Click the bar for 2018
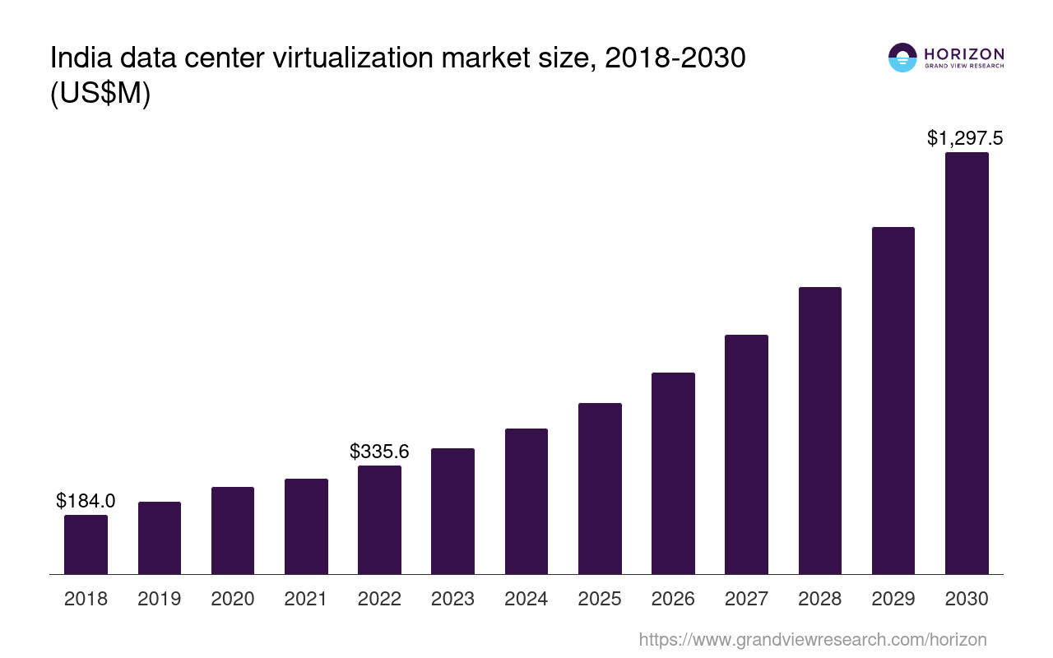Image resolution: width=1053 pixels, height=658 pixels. pos(86,544)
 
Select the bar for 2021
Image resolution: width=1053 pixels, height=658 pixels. pos(306,526)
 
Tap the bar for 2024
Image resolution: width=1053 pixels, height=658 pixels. pos(526,501)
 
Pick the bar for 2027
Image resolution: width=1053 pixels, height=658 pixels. pos(746,454)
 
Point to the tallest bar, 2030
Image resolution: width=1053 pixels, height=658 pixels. pos(967,363)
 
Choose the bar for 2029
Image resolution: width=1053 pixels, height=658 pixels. pos(893,401)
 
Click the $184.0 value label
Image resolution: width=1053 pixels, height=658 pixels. pos(86,500)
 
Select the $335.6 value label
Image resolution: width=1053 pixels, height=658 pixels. pos(379,451)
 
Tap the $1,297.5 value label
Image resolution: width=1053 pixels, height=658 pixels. pos(965,138)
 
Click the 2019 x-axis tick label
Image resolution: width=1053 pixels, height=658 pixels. pos(159,599)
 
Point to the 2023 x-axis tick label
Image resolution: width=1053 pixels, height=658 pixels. pos(452,599)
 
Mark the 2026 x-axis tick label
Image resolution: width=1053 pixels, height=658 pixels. pos(673,599)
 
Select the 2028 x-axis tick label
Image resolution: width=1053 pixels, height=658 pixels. pos(819,599)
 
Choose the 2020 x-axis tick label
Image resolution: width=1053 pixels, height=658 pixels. pos(233,599)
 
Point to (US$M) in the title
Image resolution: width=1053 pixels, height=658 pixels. pos(100,93)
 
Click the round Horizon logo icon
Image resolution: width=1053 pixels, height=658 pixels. pos(902,58)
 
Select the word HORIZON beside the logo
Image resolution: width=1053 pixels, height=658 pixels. pos(964,53)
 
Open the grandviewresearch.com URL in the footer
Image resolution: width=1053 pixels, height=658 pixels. pos(812,639)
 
